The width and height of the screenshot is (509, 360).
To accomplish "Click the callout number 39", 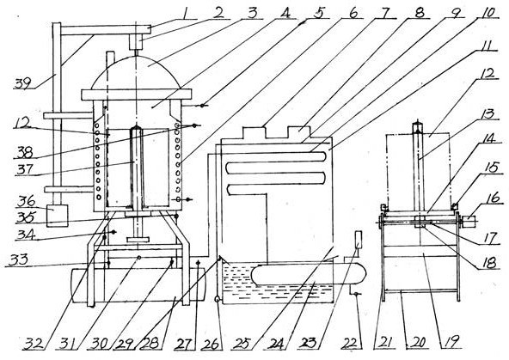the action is point(22,83).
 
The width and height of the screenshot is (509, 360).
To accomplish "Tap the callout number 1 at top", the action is point(186,14).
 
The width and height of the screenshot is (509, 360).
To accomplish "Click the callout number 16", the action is point(494,198).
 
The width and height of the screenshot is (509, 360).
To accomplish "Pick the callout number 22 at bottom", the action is point(351,343).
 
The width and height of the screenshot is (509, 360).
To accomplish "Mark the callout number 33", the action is point(18,260).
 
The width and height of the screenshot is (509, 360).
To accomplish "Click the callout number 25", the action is point(242,344).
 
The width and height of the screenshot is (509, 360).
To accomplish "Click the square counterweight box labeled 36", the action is point(58,216).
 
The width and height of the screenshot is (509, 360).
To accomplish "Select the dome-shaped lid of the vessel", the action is point(136,72).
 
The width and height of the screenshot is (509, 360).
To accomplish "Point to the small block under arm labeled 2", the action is point(136,42).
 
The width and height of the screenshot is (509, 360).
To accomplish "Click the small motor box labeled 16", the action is point(469,222).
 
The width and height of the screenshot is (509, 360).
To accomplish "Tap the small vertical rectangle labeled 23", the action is point(359,240).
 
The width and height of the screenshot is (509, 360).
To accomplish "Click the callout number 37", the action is point(26,169).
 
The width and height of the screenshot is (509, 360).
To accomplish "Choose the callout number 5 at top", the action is point(319,13).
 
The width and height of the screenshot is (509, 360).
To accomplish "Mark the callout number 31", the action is point(69,345).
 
